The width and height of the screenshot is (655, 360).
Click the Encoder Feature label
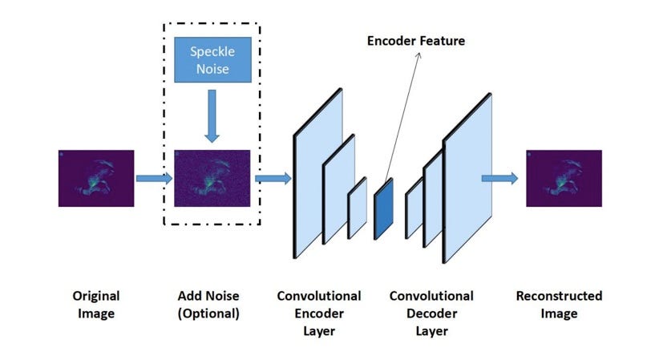pos(415,40)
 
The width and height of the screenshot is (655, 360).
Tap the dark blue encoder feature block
pos(384,208)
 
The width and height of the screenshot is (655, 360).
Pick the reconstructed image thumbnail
pos(564,178)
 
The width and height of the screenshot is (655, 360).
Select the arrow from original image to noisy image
pos(154,177)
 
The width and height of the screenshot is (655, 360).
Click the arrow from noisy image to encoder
pos(273,177)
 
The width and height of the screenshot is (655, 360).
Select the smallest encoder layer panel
pos(357,208)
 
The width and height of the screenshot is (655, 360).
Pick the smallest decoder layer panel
pos(414,210)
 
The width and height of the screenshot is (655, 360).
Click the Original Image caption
pos(90,305)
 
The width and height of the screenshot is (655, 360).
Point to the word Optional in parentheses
pos(208,313)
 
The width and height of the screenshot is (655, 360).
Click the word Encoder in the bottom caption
pos(318,313)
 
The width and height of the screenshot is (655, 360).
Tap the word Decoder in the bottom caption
pos(431,313)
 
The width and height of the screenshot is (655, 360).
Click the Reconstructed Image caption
pos(559,305)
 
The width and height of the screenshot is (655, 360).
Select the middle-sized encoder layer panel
pos(338,191)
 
